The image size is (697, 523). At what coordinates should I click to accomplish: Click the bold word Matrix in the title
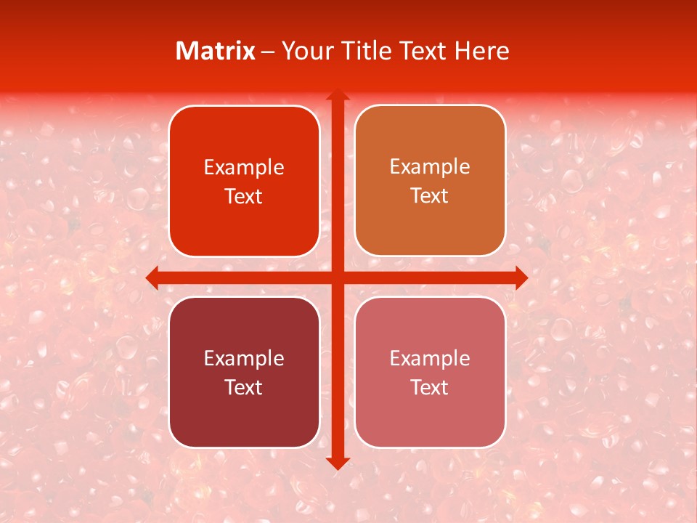(x=216, y=51)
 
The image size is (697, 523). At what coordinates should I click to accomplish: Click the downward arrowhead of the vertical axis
(x=338, y=462)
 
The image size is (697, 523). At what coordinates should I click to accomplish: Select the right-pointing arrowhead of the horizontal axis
(x=520, y=277)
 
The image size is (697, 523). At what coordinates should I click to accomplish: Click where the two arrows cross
(x=338, y=277)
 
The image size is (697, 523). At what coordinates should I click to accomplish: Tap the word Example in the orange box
(x=430, y=166)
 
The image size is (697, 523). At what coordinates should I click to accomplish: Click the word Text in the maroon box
(x=244, y=387)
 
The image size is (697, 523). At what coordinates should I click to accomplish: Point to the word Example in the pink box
(x=430, y=358)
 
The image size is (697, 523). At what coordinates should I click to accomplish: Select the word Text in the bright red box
(x=244, y=196)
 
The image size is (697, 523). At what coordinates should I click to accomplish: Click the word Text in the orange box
(x=430, y=195)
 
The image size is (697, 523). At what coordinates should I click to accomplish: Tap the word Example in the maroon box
(x=244, y=358)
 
